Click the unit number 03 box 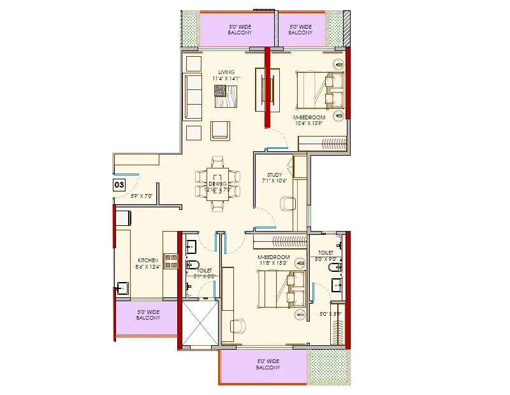point(119,185)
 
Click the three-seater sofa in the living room point(193,96)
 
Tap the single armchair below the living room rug point(221,130)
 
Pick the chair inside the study point(288,204)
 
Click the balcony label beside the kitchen point(148,315)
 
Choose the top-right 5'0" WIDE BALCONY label point(300,29)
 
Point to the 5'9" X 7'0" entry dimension point(143,196)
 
